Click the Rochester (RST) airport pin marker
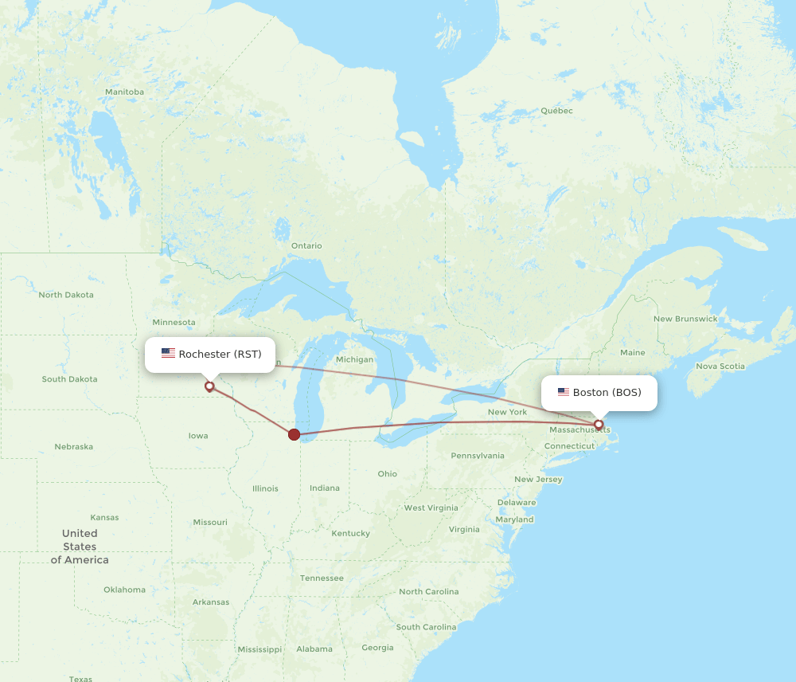209,386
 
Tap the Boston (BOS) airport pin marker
599,425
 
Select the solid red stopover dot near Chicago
295,434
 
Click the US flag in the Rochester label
168,354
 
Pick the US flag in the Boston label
564,392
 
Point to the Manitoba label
124,92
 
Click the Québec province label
556,111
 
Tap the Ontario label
306,245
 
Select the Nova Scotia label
720,366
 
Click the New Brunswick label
685,319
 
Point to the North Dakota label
66,295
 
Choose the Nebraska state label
73,447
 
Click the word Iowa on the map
198,436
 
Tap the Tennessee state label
322,578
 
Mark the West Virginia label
431,508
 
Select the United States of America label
80,547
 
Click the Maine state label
632,352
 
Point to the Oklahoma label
124,590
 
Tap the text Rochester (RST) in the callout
220,354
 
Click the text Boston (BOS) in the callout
607,392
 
